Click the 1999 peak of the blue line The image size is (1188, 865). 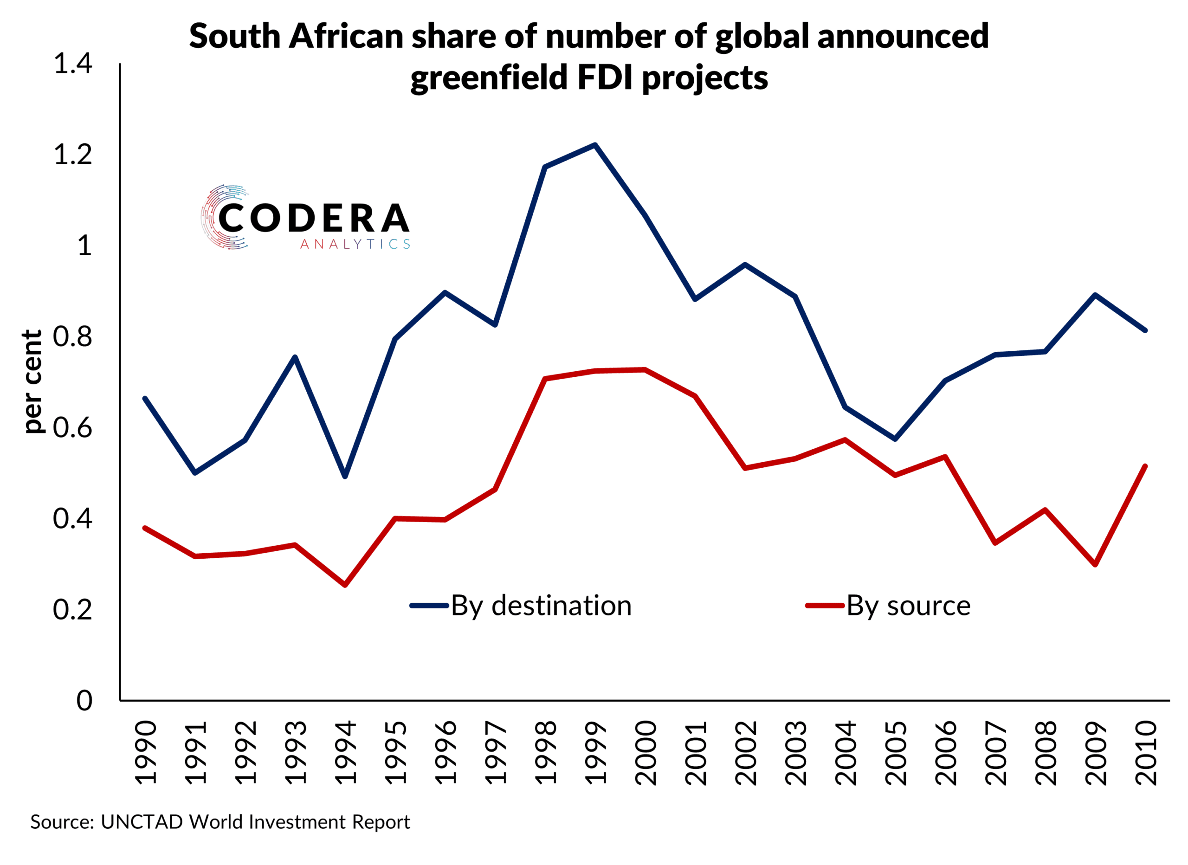click(x=595, y=145)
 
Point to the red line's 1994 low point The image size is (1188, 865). click(x=345, y=585)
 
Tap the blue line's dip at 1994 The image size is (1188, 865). click(x=345, y=476)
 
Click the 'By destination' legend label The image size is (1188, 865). click(x=541, y=606)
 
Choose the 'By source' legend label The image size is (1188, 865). click(x=908, y=606)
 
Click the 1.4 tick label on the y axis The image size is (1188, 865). click(x=73, y=64)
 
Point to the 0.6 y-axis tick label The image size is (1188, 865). click(x=73, y=427)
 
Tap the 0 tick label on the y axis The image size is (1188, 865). click(x=84, y=700)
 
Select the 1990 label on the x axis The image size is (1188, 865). click(x=146, y=753)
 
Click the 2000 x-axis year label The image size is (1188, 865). click(x=646, y=753)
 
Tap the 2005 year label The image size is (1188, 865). click(x=895, y=753)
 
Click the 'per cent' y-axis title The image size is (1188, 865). click(x=32, y=381)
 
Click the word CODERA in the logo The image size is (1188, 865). click(x=313, y=218)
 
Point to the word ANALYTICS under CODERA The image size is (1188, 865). click(x=355, y=244)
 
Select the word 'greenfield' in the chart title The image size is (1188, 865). click(x=488, y=77)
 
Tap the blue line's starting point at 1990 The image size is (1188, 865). click(x=145, y=399)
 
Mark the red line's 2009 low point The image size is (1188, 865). click(x=1095, y=564)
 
